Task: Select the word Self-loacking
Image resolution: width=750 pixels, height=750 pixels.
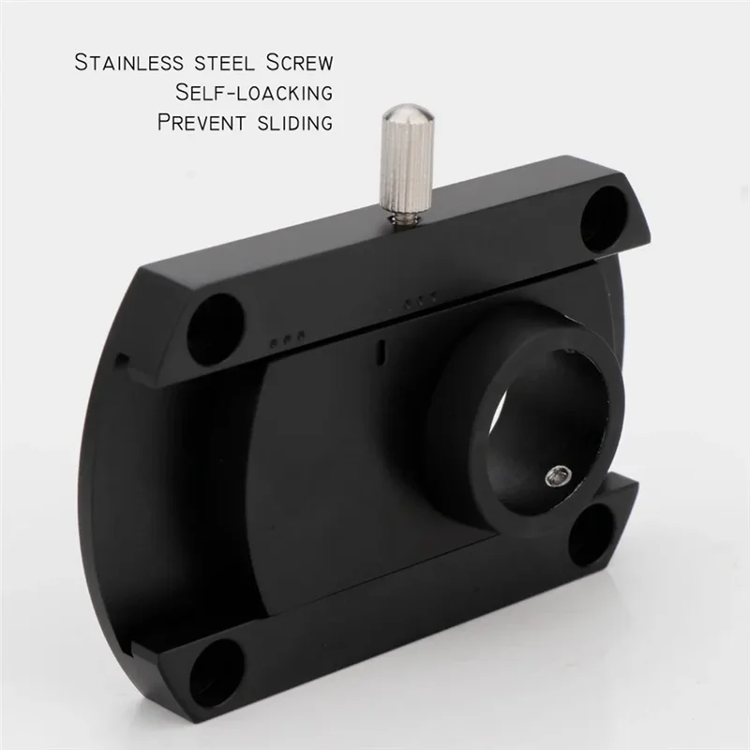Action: [x=254, y=93]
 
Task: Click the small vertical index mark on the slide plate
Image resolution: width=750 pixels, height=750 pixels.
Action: [x=380, y=353]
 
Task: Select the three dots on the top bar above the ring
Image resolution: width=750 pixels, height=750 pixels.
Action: [x=419, y=301]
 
